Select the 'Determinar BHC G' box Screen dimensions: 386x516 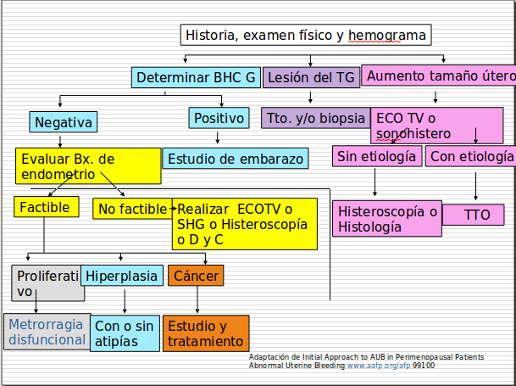196,78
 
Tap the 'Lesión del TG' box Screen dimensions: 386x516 311,78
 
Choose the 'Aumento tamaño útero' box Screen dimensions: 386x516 440,76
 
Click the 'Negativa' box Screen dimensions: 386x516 63,122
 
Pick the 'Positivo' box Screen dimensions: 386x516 219,118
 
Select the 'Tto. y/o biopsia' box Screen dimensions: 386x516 315,118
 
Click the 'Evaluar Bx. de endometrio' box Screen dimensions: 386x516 87,166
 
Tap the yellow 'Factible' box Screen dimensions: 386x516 47,206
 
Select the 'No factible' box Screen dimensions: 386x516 131,209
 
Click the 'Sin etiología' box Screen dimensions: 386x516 376,157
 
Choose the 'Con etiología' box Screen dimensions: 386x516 470,157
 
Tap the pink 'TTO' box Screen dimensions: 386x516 476,215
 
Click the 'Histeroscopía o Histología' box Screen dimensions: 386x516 387,219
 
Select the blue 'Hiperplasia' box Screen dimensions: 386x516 122,276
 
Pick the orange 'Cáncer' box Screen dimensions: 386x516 197,276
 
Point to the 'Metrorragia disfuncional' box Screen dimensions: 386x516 47,332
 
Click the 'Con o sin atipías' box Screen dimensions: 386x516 125,333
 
